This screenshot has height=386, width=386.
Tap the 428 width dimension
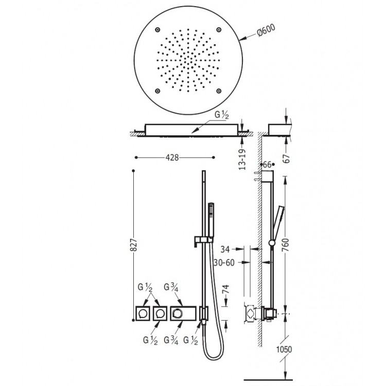pyautogui.click(x=172, y=158)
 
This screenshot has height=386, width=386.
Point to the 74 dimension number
pyautogui.click(x=225, y=291)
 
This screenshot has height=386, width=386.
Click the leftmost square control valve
pyautogui.click(x=143, y=312)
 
